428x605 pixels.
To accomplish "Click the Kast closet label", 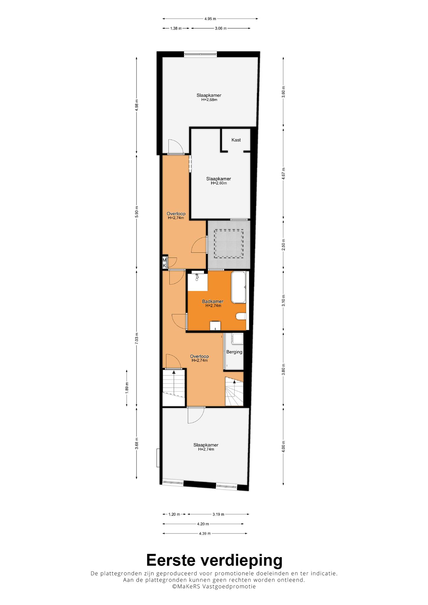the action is click(x=236, y=140).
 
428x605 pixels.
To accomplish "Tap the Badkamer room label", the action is click(x=213, y=301).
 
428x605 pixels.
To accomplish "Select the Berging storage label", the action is click(x=234, y=352).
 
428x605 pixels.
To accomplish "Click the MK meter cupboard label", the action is click(x=164, y=263).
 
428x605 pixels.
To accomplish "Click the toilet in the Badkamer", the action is click(x=241, y=317).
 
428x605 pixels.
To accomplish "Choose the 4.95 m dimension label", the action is click(x=210, y=19).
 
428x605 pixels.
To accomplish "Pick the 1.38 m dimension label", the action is click(x=176, y=28).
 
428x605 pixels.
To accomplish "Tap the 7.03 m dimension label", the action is click(x=137, y=338).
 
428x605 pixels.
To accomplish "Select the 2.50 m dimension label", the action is click(x=283, y=245).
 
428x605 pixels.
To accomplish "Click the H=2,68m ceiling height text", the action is click(x=209, y=100).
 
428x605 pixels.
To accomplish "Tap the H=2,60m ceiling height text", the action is click(x=219, y=183).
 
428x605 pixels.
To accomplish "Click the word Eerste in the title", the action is click(x=171, y=560).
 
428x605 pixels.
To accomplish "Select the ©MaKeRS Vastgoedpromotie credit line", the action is click(x=214, y=586).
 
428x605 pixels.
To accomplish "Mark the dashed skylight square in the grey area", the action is click(x=229, y=244).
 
